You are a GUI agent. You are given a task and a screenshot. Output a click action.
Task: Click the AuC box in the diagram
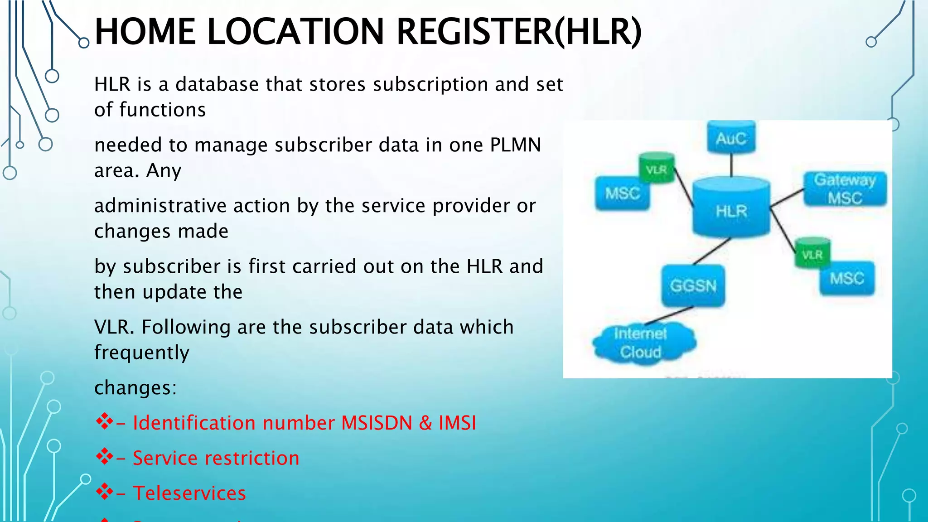tap(731, 138)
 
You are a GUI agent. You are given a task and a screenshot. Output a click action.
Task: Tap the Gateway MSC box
tap(845, 189)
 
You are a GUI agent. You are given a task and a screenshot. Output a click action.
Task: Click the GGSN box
tap(693, 285)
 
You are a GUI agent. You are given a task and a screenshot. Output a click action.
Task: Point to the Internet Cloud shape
tap(642, 343)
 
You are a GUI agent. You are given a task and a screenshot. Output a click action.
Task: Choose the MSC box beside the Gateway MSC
tap(622, 193)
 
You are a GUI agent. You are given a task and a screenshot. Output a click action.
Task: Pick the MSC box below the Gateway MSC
tap(846, 278)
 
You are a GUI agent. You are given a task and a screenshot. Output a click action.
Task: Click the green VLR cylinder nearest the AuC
tap(656, 169)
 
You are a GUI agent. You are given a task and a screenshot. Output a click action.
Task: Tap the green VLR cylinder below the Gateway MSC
tap(812, 253)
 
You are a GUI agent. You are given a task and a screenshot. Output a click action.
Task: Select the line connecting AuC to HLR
tap(731, 165)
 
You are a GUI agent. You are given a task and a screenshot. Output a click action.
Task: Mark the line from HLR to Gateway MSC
tap(787, 198)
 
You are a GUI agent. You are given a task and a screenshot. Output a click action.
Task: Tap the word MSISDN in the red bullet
tap(377, 423)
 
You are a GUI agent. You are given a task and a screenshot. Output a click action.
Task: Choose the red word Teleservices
tap(189, 493)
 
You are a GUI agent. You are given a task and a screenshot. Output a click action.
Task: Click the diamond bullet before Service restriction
tap(105, 457)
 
